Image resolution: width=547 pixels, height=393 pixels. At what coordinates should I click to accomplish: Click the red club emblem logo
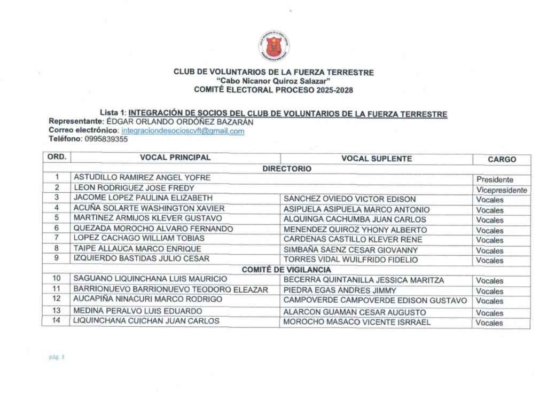tap(275, 46)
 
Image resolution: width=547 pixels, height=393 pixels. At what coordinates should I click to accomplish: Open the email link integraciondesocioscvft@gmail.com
tap(183, 131)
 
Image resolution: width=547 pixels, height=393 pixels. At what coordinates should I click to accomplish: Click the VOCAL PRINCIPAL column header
tap(175, 158)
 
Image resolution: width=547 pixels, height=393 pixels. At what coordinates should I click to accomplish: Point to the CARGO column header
tap(502, 159)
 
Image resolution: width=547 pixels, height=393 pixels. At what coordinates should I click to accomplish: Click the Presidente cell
tap(495, 179)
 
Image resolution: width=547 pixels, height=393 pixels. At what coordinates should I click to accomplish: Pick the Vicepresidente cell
tap(502, 190)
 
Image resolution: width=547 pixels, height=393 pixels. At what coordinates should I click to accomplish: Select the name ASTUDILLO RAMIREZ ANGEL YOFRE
tap(142, 177)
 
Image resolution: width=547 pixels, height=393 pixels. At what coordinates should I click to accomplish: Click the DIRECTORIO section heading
tap(286, 168)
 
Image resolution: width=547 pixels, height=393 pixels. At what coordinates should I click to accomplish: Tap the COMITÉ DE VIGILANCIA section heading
tap(286, 270)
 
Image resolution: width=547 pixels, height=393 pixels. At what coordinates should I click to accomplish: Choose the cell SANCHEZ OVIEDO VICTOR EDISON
tap(349, 199)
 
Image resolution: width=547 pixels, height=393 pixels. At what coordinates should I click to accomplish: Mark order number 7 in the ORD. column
tap(56, 238)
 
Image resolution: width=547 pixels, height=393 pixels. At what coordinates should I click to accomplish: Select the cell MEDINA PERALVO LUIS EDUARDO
tap(138, 311)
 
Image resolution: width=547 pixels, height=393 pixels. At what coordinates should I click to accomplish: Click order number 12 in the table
tap(56, 299)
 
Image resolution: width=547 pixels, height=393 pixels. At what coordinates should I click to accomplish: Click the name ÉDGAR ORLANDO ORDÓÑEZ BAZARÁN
tap(180, 122)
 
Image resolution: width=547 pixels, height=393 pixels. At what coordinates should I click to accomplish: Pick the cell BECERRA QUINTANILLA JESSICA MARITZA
tap(364, 280)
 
